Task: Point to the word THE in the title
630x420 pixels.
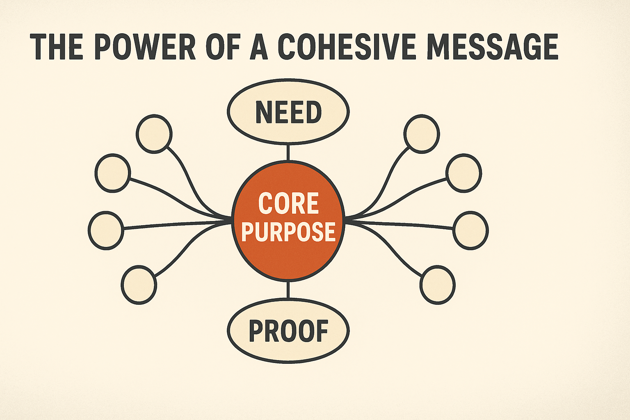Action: [x=57, y=47]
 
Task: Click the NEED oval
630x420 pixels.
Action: [x=288, y=111]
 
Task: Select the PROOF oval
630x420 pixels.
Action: [x=288, y=331]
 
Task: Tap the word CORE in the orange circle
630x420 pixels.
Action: [x=288, y=204]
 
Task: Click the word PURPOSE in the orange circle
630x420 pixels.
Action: [x=288, y=232]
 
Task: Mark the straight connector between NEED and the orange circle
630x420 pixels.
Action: [x=288, y=152]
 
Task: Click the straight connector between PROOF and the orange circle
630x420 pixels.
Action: [x=288, y=290]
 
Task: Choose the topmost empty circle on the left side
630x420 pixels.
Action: [x=154, y=134]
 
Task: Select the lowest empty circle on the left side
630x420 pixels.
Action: [x=139, y=285]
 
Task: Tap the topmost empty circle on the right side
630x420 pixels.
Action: [x=422, y=134]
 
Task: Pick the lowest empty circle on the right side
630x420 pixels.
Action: [x=438, y=285]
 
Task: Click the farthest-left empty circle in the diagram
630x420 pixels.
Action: [x=106, y=230]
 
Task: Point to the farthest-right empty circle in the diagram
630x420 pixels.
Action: [x=471, y=230]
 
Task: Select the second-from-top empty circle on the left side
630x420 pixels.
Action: [x=112, y=173]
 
